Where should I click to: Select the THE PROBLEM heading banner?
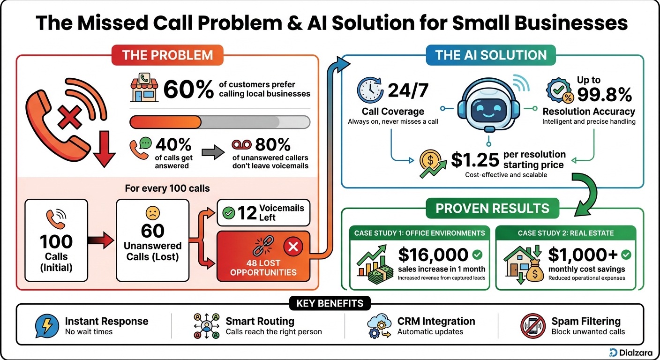coord(167,55)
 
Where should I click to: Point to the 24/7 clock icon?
coord(370,90)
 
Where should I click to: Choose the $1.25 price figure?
coord(475,160)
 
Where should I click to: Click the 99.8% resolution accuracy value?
coord(604,95)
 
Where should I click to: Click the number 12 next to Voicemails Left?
coord(247,213)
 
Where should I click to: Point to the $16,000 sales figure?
coord(433,255)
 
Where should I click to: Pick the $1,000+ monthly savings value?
coord(583,255)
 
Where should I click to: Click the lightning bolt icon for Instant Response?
coord(47,326)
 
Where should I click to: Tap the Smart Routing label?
coord(260,321)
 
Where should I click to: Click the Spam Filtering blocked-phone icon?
coord(532,326)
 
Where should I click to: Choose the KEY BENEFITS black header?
coord(330,303)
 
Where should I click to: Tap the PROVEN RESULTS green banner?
coord(492,208)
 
